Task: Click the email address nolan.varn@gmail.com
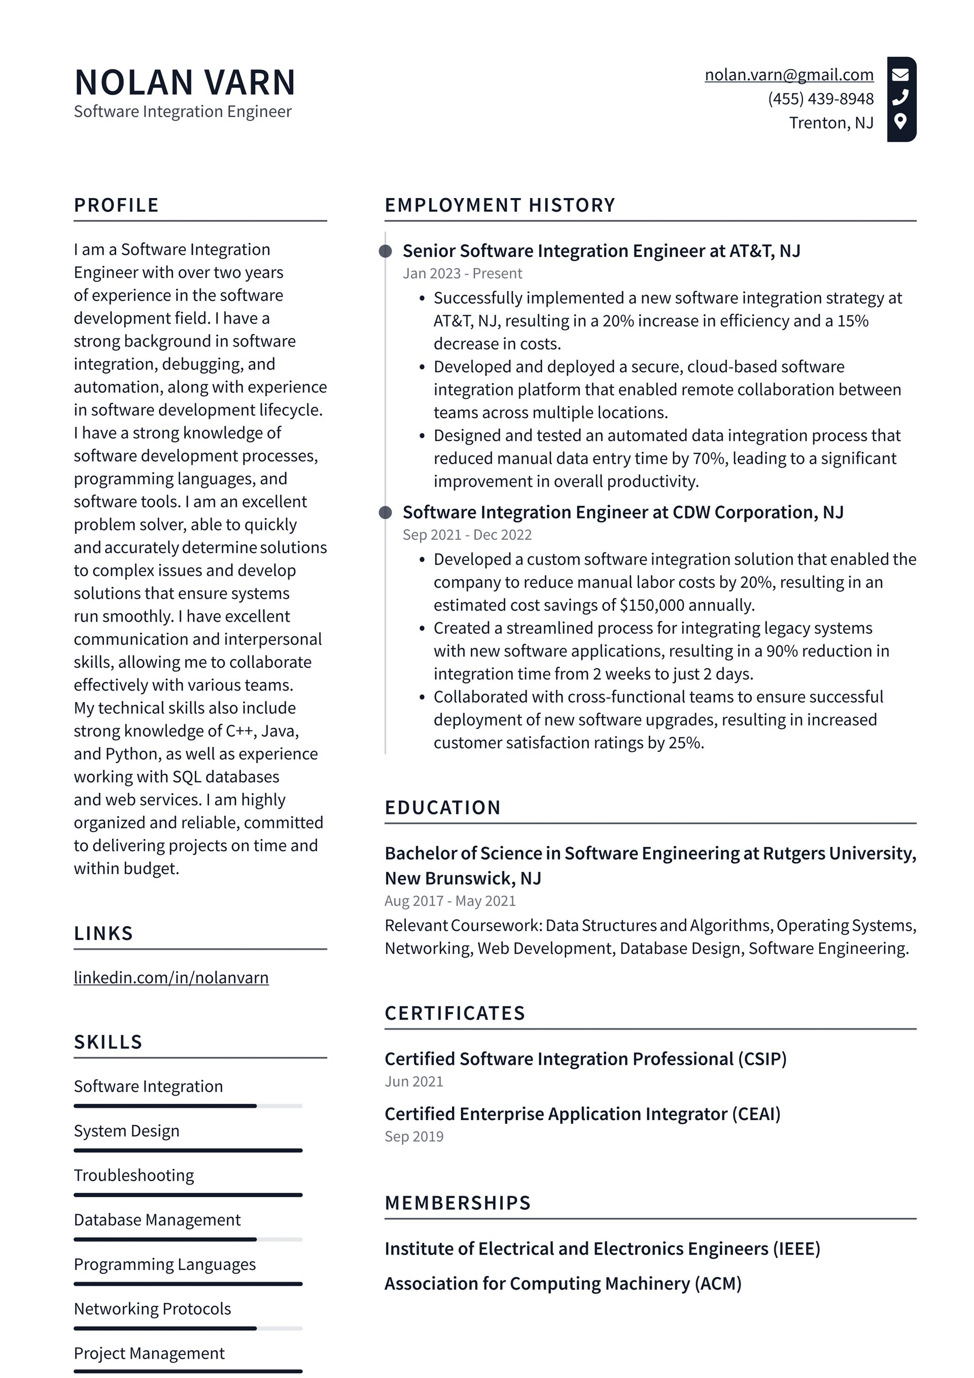789,75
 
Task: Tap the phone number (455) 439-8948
820,99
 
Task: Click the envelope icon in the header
900,75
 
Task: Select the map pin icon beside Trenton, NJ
899,121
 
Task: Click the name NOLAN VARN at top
185,82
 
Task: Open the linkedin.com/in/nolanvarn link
171,978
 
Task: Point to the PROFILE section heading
116,205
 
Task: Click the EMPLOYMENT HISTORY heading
500,205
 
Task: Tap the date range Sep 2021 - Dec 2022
467,535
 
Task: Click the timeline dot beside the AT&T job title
386,251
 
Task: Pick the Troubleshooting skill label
134,1176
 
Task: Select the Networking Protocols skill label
152,1309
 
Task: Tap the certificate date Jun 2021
413,1081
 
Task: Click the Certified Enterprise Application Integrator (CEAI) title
582,1114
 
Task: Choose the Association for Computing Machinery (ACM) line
563,1284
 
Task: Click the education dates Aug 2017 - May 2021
450,901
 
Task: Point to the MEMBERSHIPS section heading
458,1203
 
